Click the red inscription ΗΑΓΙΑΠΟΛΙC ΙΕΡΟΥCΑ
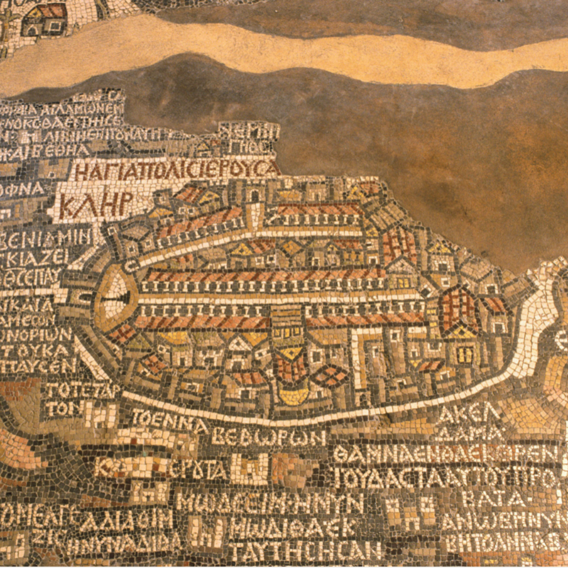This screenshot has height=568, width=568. click(176, 170)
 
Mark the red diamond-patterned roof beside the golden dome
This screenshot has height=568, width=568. click(330, 376)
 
